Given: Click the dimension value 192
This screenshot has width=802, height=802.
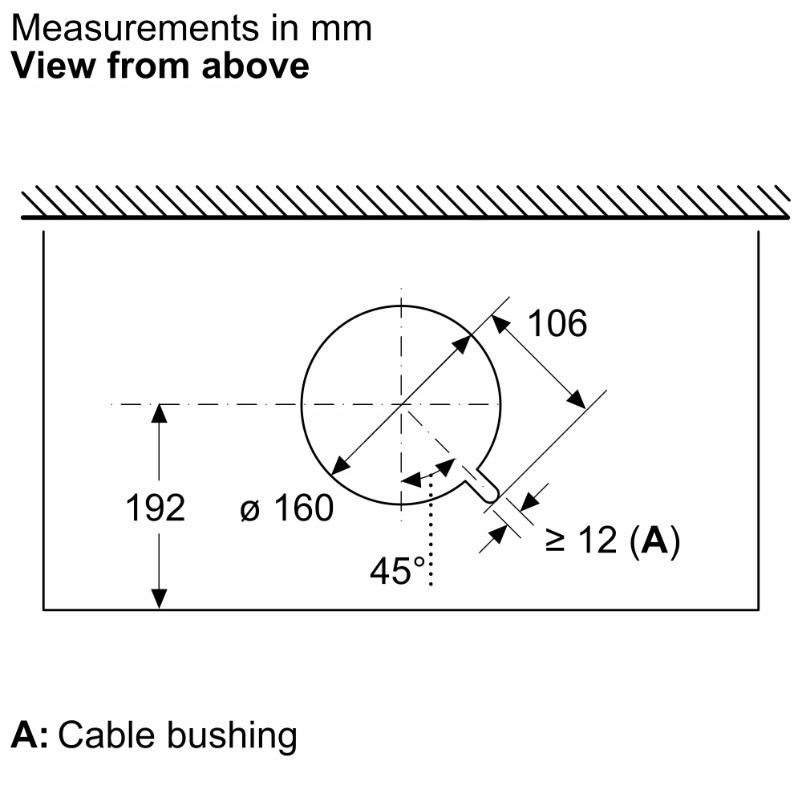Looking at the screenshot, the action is coord(156,508).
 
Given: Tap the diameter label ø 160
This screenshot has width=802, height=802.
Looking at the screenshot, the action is coord(286,508).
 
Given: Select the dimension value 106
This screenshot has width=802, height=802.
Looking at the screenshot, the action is coord(557,323).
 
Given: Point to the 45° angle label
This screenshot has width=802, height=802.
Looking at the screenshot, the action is coord(398,571).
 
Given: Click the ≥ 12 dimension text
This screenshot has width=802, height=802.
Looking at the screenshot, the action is coord(581,540).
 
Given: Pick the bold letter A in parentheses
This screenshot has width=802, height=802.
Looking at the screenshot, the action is coord(654,540).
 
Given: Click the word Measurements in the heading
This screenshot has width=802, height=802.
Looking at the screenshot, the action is coord(135,28).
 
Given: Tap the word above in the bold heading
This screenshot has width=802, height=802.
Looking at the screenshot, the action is coord(255,66).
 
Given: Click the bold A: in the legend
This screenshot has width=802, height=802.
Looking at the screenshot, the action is coord(30,735).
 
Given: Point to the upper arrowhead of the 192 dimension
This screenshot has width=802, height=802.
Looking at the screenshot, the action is coord(159,413).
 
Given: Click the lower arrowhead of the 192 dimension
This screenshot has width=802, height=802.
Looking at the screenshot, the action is coord(159,600).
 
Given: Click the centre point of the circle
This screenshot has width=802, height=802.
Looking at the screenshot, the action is coord(402,404).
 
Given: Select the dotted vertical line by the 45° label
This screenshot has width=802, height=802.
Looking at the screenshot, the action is coord(431,529).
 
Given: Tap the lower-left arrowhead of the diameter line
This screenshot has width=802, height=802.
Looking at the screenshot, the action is coord(339,466).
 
